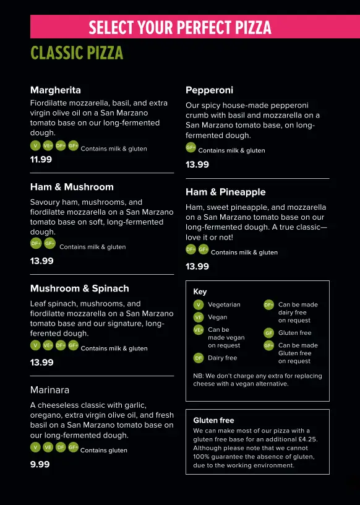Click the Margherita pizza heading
[x=55, y=90]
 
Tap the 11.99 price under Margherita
[x=41, y=159]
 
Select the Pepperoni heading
[x=209, y=90]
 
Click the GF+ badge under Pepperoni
[x=191, y=147]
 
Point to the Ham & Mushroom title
[x=72, y=186]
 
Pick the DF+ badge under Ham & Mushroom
[x=36, y=244]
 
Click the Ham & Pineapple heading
[x=225, y=192]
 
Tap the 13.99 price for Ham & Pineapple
[x=197, y=266]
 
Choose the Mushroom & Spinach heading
[x=79, y=288]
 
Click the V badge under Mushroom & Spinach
[x=36, y=345]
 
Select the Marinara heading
[x=49, y=390]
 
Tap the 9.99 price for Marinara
[x=40, y=464]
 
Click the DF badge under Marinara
[x=61, y=447]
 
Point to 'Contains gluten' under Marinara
[x=104, y=451]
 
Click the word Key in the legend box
[x=200, y=291]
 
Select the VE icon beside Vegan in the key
[x=199, y=317]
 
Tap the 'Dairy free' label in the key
[x=222, y=358]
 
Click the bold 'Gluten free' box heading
[x=213, y=420]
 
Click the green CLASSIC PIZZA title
[x=77, y=53]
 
